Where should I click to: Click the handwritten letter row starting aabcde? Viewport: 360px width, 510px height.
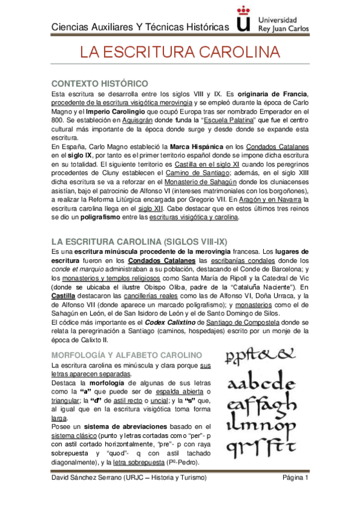pos(261,382)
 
